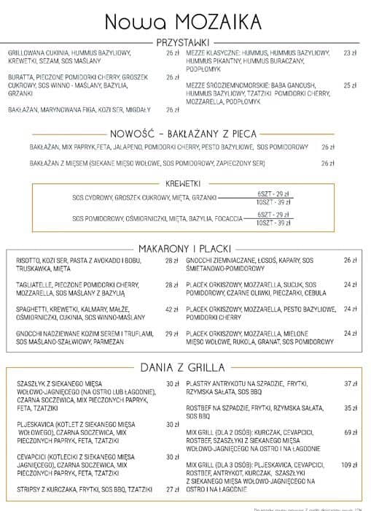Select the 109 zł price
(x=348, y=464)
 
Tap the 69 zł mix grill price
(x=351, y=432)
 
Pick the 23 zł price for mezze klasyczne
(x=351, y=53)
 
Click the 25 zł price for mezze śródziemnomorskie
(x=351, y=85)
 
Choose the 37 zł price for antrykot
(x=351, y=383)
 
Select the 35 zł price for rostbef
(x=351, y=408)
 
